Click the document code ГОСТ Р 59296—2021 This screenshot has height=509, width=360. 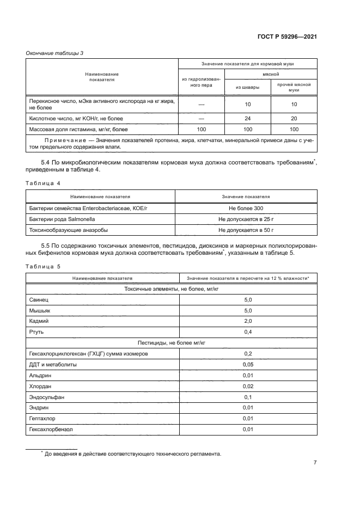click(287, 36)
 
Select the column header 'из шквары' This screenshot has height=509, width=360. click(247, 87)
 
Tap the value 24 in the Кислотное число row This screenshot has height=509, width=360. click(247, 118)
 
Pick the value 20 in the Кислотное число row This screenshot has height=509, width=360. click(294, 118)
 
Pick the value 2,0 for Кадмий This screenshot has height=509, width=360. click(248, 321)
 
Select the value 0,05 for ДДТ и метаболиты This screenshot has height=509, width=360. click(248, 364)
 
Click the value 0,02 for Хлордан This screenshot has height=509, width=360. click(248, 386)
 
